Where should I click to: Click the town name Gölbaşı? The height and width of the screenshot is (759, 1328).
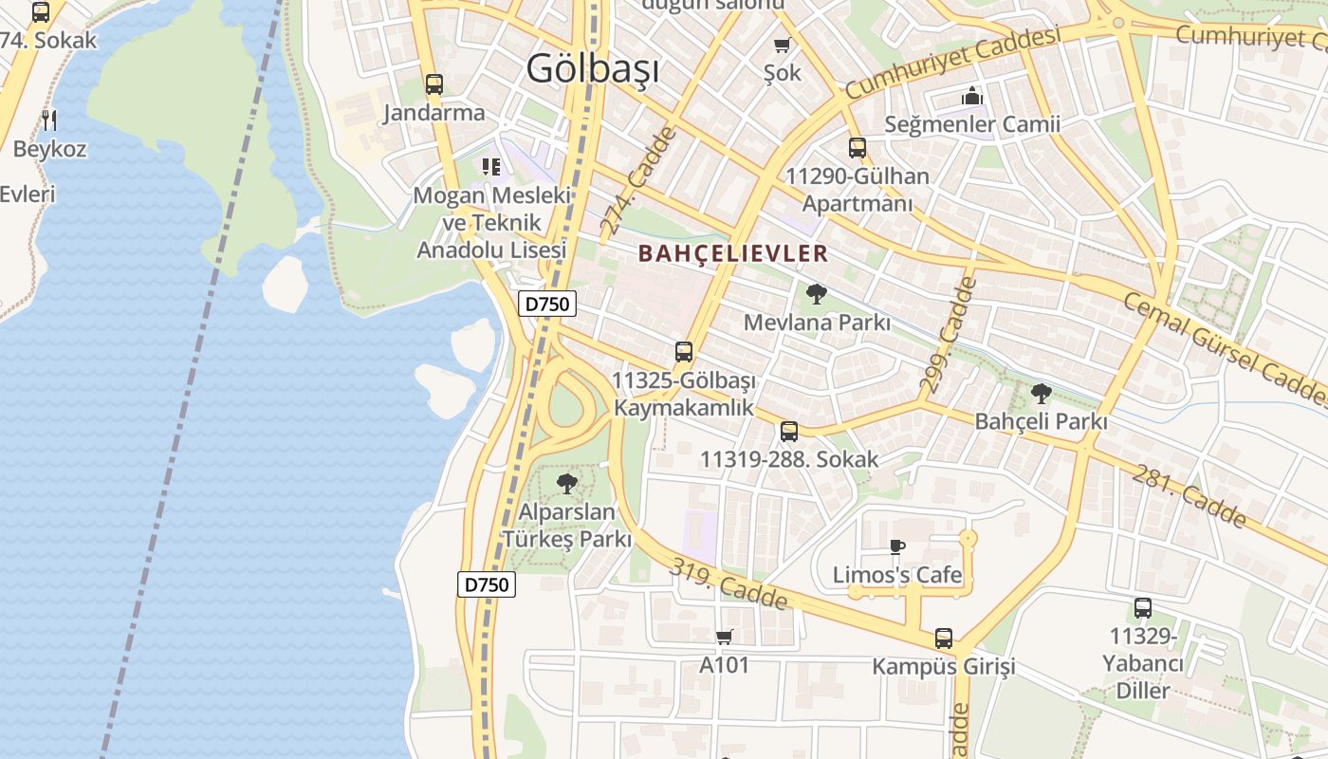(x=593, y=68)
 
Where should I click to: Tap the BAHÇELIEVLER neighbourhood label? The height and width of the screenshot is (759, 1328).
(x=733, y=253)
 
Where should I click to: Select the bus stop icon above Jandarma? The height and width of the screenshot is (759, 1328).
(x=434, y=84)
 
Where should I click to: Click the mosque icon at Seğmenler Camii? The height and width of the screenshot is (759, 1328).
(x=972, y=96)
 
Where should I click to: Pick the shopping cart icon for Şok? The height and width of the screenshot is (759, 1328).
(x=783, y=45)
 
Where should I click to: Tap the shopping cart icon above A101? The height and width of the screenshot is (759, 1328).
(x=725, y=637)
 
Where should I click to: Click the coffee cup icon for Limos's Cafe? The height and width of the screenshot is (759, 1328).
(x=897, y=546)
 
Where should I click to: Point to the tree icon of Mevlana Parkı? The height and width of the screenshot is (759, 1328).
(x=816, y=294)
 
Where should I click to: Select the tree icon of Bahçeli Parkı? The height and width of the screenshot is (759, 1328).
(x=1042, y=393)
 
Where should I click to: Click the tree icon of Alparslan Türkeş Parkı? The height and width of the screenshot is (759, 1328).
(x=567, y=484)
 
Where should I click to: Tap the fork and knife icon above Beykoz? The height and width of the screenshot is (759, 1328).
(x=49, y=120)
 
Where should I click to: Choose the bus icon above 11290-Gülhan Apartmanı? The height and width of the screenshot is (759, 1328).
(x=858, y=147)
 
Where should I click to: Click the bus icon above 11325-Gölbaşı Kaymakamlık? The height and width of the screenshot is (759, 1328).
(x=684, y=352)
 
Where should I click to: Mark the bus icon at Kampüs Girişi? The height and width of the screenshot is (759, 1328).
(x=944, y=638)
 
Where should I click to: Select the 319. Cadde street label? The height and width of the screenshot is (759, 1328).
(x=729, y=583)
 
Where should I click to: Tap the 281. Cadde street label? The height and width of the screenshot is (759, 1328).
(x=1190, y=495)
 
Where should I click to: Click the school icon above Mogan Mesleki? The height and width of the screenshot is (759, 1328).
(x=490, y=167)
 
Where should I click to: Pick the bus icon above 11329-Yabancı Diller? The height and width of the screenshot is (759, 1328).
(x=1143, y=608)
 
